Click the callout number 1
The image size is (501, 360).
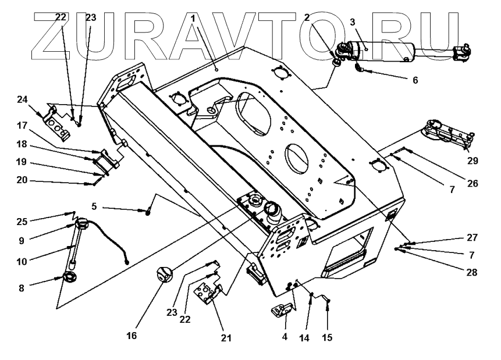tap(193, 19)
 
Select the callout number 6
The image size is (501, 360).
tap(415, 80)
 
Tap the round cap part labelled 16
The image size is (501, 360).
tap(165, 274)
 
